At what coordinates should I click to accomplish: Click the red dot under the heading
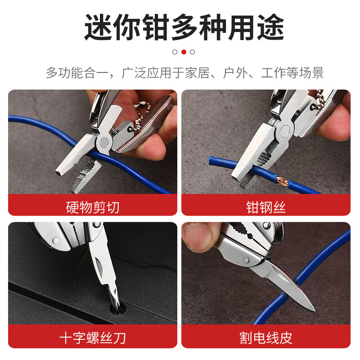[184, 52]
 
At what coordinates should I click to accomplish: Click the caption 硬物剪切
[93, 207]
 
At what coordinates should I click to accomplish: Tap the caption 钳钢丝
[266, 207]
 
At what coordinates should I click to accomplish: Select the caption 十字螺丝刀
[93, 337]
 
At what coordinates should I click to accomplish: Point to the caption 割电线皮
[266, 337]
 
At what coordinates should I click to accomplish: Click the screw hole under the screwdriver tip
[118, 310]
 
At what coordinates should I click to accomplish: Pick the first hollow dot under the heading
[175, 52]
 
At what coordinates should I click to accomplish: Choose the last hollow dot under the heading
[193, 52]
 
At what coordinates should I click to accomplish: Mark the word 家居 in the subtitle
[197, 73]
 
